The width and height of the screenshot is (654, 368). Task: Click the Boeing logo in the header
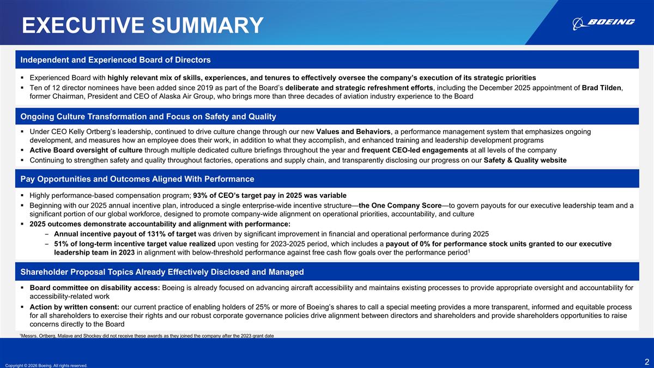click(603, 22)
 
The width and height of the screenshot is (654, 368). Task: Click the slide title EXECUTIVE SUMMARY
click(142, 25)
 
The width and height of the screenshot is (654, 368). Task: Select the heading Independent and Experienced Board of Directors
click(116, 59)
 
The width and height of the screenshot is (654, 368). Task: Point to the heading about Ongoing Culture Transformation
click(148, 117)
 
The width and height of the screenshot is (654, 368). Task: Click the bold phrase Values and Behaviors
click(353, 131)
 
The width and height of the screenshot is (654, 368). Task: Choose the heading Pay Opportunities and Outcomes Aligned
click(137, 179)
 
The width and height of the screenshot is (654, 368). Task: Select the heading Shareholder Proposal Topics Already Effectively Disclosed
click(162, 272)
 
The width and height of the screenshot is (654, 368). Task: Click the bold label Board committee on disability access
click(94, 288)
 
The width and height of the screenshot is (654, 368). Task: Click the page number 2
click(646, 361)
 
